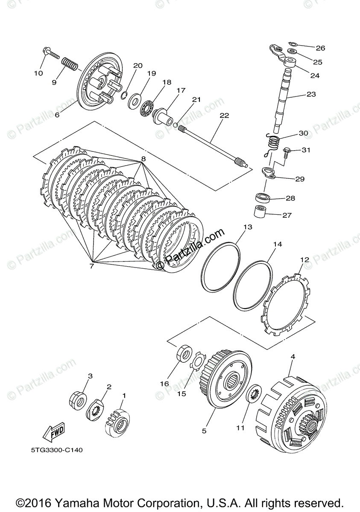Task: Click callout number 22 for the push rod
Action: [224, 115]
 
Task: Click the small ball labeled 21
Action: [176, 124]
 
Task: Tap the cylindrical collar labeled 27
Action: [263, 211]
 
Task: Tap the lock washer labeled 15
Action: [197, 363]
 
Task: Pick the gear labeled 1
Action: [117, 422]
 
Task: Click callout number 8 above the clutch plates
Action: [143, 159]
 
